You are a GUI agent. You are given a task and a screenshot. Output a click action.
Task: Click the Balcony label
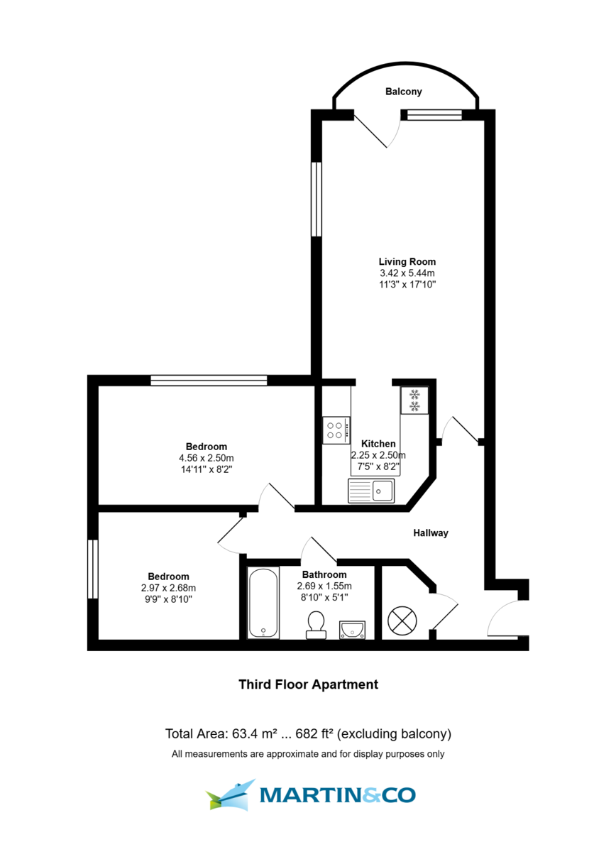(403, 92)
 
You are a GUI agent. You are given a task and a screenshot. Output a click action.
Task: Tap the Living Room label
(407, 261)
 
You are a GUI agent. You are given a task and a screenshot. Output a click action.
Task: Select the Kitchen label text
(378, 444)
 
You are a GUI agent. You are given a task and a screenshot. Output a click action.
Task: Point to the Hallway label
(431, 532)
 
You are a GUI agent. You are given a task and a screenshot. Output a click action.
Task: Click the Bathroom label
(324, 574)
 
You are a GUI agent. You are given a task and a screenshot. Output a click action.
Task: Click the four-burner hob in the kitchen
(336, 429)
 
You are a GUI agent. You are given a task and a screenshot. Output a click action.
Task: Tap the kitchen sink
(371, 490)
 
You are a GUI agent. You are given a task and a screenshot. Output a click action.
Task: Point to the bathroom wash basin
(352, 628)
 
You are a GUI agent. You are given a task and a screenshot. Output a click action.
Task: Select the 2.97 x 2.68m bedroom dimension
(168, 588)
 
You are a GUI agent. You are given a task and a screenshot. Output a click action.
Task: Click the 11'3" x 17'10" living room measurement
(407, 284)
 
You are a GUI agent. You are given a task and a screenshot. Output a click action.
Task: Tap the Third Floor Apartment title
(307, 684)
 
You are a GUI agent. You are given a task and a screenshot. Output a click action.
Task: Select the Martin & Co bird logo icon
(231, 794)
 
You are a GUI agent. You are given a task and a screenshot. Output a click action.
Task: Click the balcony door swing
(372, 130)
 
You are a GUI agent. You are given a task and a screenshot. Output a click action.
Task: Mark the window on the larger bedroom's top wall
(209, 381)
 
